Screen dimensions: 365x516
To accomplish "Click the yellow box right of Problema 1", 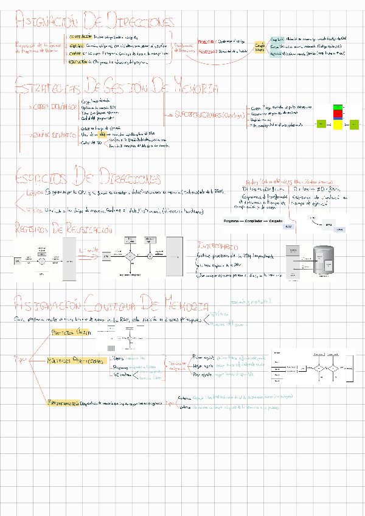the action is pos(260,47).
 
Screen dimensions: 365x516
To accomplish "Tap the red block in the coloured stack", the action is pos(338,114).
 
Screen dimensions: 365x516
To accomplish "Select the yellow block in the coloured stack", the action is pos(338,124).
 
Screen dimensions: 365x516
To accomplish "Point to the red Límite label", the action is pos(88,249).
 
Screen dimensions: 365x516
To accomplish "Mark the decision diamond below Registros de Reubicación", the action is pos(129,256).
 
